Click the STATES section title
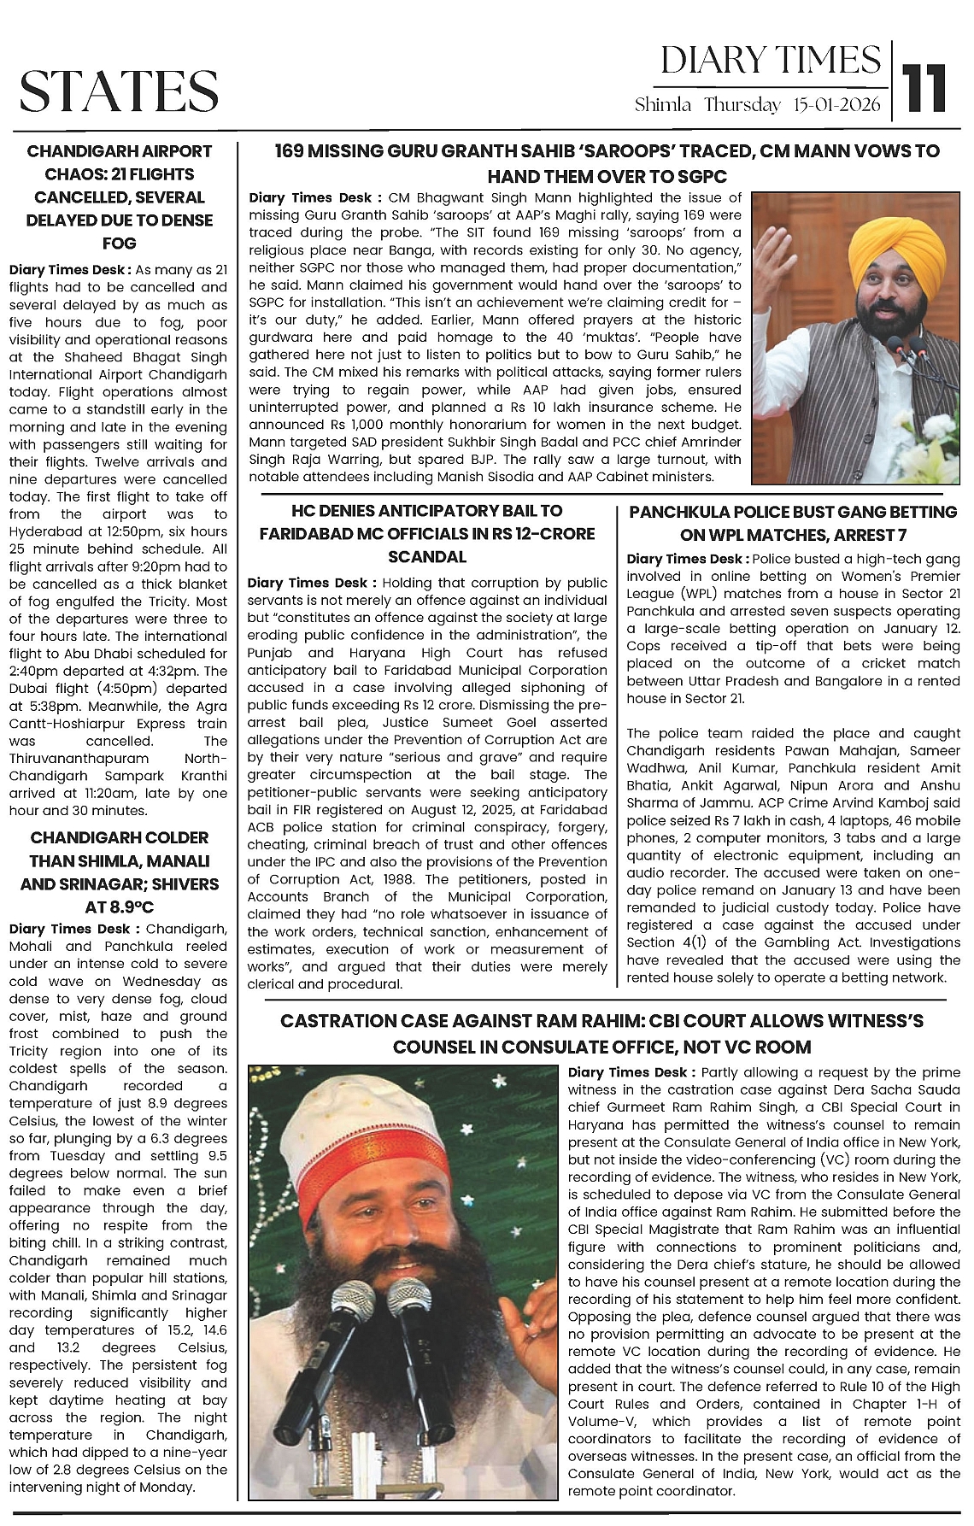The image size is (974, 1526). [x=119, y=91]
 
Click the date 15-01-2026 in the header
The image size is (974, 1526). [x=836, y=106]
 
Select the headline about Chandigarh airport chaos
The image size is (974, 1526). [x=119, y=197]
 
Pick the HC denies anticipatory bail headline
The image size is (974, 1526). [x=427, y=534]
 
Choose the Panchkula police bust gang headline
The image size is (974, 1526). [x=793, y=523]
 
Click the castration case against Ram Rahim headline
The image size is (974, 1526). [x=601, y=1033]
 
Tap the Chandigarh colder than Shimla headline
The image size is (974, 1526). [x=119, y=872]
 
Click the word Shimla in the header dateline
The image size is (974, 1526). [x=662, y=106]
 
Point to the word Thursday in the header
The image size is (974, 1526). [x=742, y=106]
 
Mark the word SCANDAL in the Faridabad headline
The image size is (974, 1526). [x=427, y=557]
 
